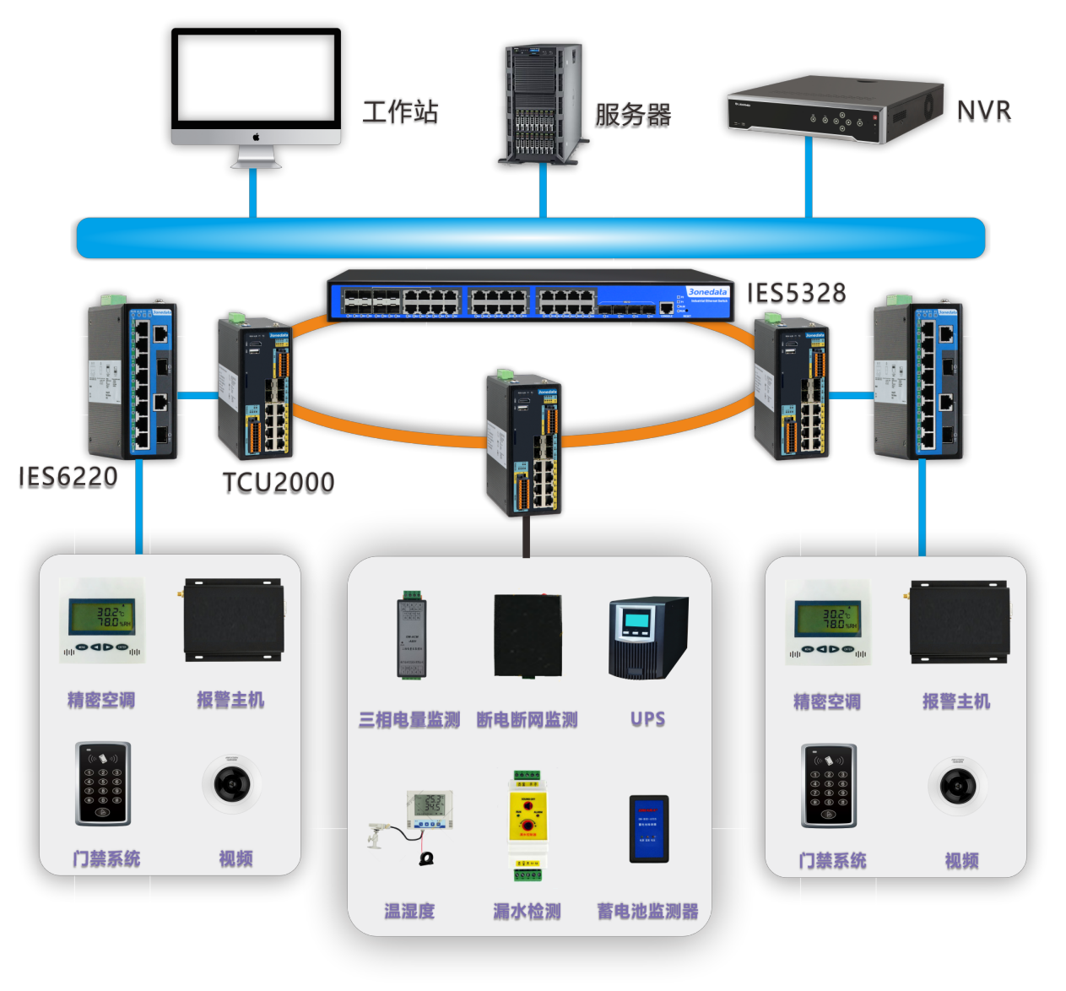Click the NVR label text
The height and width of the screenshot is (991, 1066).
(x=983, y=111)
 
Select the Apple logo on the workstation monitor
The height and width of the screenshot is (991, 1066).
(x=256, y=137)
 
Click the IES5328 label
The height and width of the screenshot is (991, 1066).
(x=797, y=293)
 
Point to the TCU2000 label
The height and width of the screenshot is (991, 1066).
(x=279, y=482)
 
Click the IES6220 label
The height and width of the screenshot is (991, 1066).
(x=68, y=477)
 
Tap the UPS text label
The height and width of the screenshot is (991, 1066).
(x=647, y=719)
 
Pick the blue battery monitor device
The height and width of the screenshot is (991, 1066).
(x=648, y=828)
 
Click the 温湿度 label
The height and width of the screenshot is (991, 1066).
(x=409, y=911)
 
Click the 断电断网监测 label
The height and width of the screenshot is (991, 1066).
(x=527, y=720)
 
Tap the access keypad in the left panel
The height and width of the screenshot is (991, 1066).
(x=103, y=783)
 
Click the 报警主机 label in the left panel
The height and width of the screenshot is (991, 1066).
(x=230, y=700)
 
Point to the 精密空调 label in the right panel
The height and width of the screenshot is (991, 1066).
(x=827, y=701)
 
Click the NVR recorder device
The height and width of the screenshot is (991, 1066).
(x=834, y=110)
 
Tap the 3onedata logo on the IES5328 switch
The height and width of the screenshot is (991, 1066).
(x=707, y=292)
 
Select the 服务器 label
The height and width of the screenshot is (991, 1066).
(x=633, y=115)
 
